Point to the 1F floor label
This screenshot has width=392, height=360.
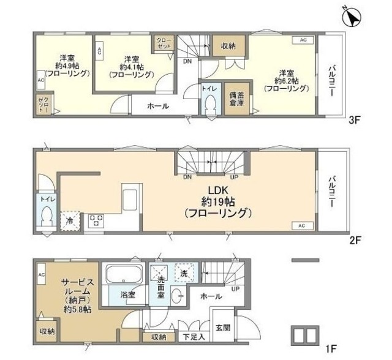coord(331,350)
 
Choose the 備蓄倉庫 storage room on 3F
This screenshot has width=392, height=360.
coord(236,99)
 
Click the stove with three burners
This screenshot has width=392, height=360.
coord(97,220)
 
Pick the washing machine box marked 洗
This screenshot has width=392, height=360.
coord(183,272)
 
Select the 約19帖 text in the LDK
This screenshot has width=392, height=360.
coord(218,201)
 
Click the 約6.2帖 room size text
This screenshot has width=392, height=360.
coord(286,80)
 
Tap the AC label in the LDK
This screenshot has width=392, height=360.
coord(301,227)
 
